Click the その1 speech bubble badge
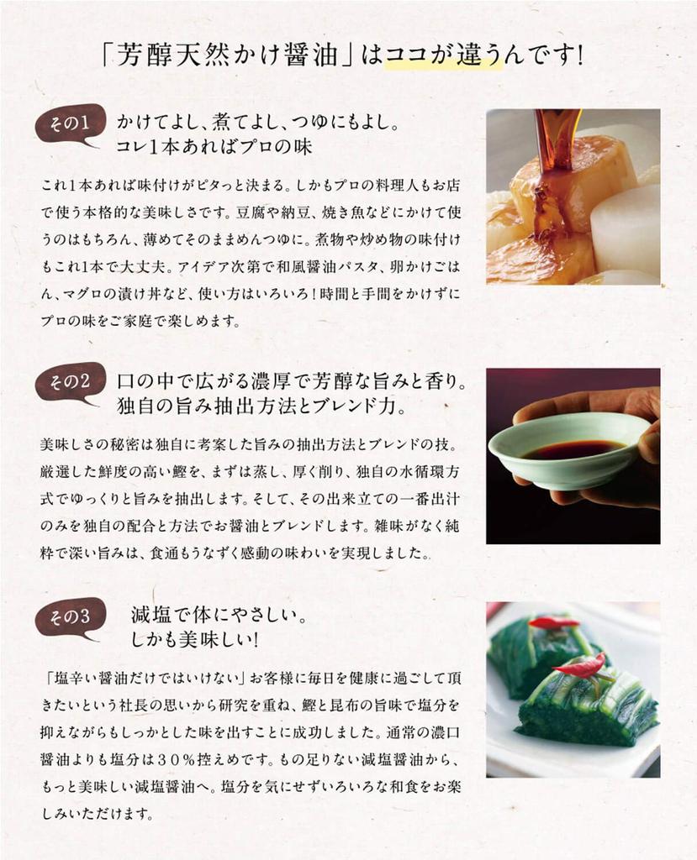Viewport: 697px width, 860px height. click(69, 124)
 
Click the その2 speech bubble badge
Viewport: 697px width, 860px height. click(69, 382)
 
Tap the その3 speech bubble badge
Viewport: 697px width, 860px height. click(69, 618)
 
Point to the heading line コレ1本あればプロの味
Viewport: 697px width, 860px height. click(214, 146)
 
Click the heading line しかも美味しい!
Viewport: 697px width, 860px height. click(194, 640)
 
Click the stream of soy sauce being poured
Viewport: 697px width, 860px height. click(552, 170)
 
